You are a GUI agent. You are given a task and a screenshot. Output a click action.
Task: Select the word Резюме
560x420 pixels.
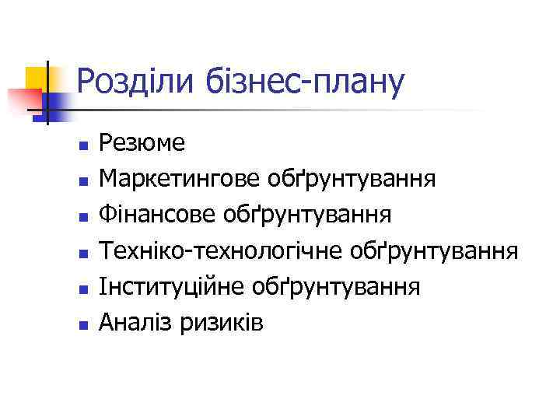142,143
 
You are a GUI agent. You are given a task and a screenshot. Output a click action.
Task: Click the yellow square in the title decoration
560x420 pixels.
36,79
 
